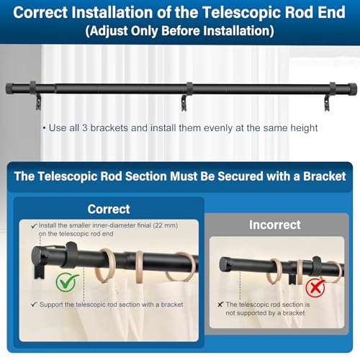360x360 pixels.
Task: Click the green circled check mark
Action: click(66, 282)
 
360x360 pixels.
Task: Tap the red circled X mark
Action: click(315, 287)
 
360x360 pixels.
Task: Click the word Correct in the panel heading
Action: click(109, 209)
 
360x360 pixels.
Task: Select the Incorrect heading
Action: click(275, 225)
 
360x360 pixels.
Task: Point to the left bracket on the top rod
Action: click(35, 95)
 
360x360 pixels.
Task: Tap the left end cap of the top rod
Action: click(9, 89)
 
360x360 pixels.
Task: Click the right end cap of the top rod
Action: click(352, 89)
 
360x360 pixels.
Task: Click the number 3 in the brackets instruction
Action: click(84, 128)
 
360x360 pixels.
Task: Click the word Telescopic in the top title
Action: click(241, 12)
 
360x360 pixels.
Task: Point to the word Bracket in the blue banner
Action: click(325, 176)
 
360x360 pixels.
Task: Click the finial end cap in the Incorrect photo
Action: click(225, 264)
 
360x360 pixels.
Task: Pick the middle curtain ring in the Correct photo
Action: click(140, 267)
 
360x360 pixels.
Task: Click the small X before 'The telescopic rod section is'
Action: click(220, 305)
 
